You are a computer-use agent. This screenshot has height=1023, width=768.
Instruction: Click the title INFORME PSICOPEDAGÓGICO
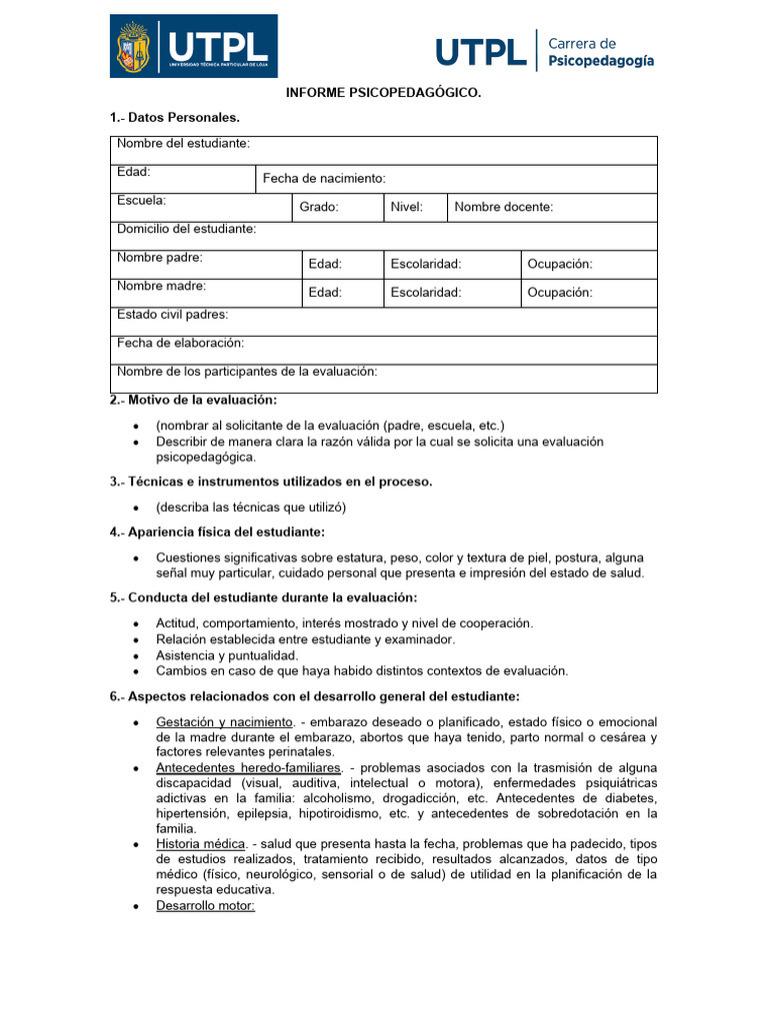click(384, 93)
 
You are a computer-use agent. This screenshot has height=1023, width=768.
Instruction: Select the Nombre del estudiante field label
click(183, 144)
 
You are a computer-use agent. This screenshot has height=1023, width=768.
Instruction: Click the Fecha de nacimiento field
click(324, 179)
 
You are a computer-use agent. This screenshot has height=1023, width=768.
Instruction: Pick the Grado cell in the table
click(319, 207)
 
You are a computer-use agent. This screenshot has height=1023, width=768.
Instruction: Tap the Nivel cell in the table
click(406, 207)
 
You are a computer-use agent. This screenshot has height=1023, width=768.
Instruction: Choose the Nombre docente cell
click(504, 207)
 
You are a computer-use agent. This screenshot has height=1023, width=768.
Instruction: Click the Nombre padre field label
click(160, 258)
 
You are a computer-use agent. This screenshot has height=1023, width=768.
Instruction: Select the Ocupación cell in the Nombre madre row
click(560, 293)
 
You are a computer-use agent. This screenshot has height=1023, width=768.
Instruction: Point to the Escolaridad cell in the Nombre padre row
click(426, 264)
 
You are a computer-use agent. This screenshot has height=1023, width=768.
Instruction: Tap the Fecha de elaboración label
click(180, 343)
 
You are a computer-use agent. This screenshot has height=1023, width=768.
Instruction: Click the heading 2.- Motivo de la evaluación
click(193, 400)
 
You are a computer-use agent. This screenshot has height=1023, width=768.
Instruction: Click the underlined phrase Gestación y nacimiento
click(224, 722)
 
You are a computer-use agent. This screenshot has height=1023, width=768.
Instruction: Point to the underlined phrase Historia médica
click(201, 844)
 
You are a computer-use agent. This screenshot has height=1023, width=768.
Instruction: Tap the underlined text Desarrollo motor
click(206, 905)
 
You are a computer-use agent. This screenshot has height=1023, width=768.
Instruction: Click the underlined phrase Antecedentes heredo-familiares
click(248, 768)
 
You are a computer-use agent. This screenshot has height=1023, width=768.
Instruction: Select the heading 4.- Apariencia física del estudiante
click(217, 531)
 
